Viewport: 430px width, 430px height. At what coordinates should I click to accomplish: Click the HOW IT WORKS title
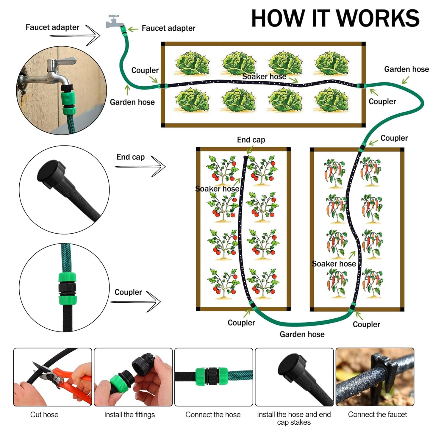(x=335, y=18)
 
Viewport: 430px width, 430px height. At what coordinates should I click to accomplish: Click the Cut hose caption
(x=44, y=415)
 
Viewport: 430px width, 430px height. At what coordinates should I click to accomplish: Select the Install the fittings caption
(x=129, y=415)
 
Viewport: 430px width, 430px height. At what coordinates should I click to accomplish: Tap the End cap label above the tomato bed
(x=251, y=140)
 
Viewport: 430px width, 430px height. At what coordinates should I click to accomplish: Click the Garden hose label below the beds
(x=302, y=334)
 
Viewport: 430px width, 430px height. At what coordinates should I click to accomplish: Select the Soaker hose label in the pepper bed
(x=334, y=264)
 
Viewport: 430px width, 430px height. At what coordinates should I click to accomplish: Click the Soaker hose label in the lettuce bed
(x=264, y=76)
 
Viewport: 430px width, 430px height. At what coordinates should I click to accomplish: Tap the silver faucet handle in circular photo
(x=64, y=62)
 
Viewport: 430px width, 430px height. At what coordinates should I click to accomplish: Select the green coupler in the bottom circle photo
(x=67, y=288)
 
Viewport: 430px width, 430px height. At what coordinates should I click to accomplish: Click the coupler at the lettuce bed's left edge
(x=162, y=86)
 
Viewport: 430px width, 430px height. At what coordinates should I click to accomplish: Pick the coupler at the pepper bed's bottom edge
(x=353, y=307)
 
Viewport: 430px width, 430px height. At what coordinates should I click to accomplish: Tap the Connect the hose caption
(x=213, y=415)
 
